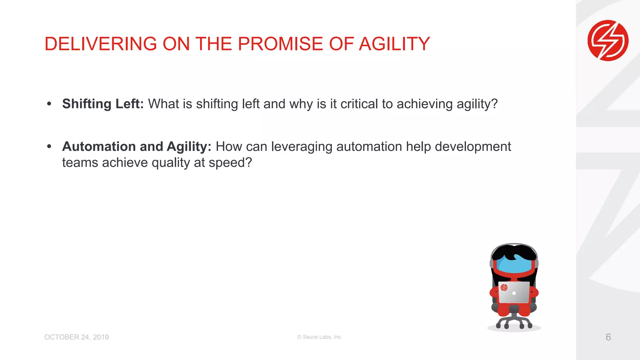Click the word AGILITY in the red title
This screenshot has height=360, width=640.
[394, 44]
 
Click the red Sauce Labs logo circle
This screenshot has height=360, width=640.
[608, 41]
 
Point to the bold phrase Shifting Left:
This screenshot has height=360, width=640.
[103, 104]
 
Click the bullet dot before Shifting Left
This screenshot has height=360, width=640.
[49, 104]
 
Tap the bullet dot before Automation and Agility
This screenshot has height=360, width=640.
[49, 146]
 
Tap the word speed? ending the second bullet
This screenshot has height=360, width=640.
[230, 163]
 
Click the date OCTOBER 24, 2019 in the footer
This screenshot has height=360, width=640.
[77, 337]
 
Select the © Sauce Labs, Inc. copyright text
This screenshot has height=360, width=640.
[320, 337]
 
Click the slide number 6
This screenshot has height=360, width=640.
[608, 337]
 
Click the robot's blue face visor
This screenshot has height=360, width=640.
[514, 266]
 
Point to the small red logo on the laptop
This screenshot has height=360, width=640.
[504, 287]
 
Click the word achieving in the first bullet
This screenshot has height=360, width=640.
[425, 104]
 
